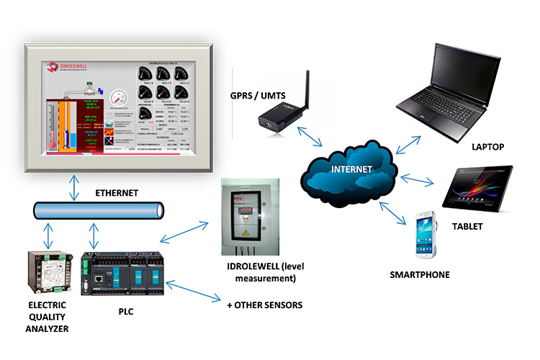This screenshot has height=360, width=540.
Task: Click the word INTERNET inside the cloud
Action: click(352, 170)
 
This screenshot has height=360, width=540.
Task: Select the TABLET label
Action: click(468, 226)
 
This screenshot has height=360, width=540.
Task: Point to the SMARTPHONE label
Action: click(420, 274)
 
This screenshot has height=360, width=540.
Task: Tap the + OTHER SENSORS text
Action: click(264, 305)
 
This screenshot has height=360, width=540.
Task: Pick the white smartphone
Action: click(424, 235)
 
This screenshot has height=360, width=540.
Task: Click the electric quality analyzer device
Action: click(49, 271)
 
